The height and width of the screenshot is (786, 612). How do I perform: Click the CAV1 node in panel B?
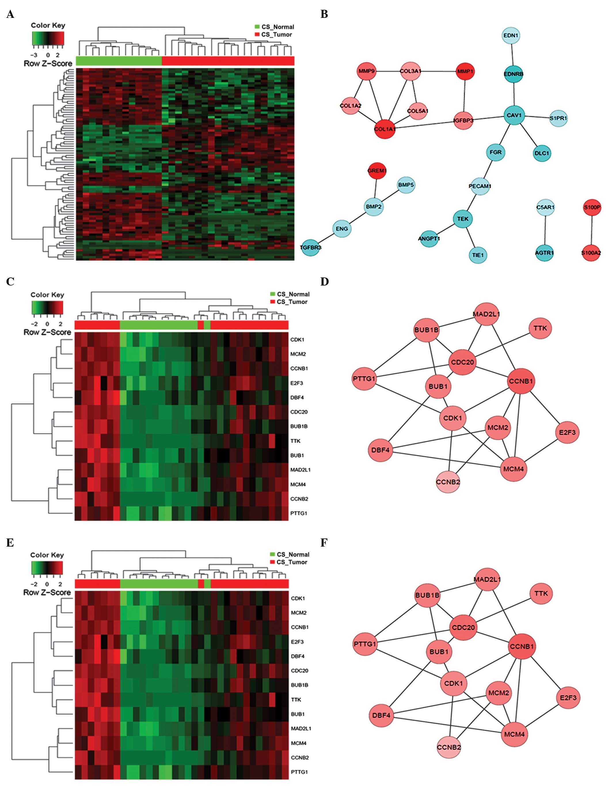(x=514, y=115)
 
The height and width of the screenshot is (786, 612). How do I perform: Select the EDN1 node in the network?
(x=511, y=36)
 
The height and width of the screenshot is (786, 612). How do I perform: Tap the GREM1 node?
(x=377, y=171)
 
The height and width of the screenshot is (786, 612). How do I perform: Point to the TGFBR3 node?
(x=310, y=247)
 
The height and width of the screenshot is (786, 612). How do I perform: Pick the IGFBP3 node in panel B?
(x=463, y=120)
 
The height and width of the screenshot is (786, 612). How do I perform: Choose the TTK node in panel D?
(x=540, y=328)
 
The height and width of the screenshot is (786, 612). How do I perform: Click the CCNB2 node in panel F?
(x=449, y=747)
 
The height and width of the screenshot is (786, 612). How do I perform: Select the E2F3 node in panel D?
(x=567, y=432)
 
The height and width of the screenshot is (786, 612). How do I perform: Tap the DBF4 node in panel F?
(x=381, y=715)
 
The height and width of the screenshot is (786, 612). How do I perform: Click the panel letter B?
(x=324, y=14)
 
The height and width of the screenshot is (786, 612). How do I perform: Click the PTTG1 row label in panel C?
(x=299, y=513)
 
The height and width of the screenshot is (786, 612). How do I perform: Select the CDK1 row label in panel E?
(x=298, y=598)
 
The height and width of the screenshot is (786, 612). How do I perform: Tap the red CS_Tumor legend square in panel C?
(x=273, y=302)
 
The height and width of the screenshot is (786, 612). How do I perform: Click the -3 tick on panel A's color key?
(x=34, y=55)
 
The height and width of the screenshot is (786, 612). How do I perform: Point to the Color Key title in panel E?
(x=47, y=555)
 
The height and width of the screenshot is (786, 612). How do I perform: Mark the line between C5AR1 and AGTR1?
(x=545, y=230)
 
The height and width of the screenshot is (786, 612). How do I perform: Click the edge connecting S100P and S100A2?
(x=592, y=230)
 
